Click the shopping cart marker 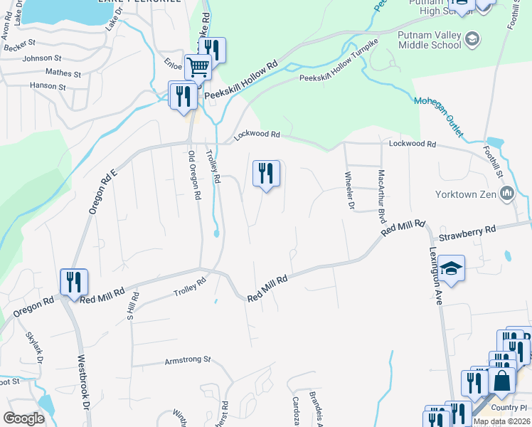tap(198, 68)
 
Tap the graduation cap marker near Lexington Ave tap(452, 268)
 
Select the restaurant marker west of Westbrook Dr tap(74, 282)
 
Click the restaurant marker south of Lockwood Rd tap(267, 173)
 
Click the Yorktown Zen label tap(465, 194)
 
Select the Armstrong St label tap(188, 360)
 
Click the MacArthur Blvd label tap(382, 192)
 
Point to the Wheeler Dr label tap(350, 191)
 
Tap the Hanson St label tap(48, 87)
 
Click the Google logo tap(24, 418)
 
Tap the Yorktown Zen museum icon tap(507, 194)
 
